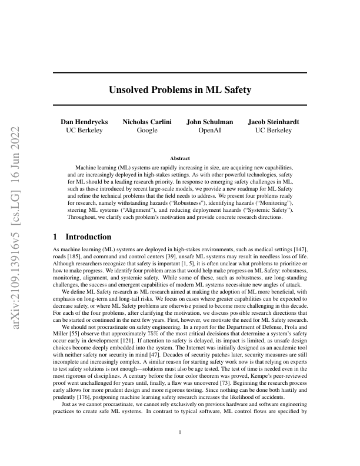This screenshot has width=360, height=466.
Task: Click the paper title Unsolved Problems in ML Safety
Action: (x=180, y=90)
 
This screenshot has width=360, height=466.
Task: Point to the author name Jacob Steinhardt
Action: (x=273, y=122)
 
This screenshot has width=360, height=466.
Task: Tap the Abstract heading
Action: (x=180, y=158)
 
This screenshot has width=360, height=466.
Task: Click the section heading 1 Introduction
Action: (x=82, y=237)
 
